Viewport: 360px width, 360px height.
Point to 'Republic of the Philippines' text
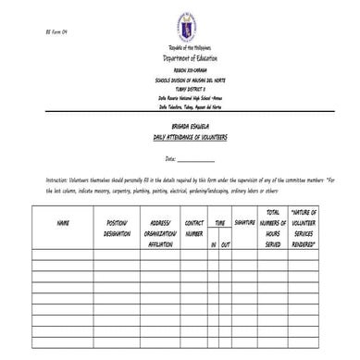point(190,47)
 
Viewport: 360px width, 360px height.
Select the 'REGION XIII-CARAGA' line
point(190,68)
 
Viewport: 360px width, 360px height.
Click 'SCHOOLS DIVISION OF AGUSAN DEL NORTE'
point(190,76)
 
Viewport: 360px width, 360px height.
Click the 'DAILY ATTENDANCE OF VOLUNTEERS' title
point(191,135)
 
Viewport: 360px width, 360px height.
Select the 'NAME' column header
point(63,223)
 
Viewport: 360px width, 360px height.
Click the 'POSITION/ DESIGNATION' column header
point(118,228)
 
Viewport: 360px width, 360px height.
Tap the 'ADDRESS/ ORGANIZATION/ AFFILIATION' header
point(161,234)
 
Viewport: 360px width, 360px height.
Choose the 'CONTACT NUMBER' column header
point(194,228)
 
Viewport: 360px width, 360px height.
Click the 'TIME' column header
point(220,223)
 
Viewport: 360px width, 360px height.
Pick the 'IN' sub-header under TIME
point(214,244)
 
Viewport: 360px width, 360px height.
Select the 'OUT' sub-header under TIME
point(226,244)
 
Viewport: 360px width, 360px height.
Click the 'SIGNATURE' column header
point(246,223)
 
